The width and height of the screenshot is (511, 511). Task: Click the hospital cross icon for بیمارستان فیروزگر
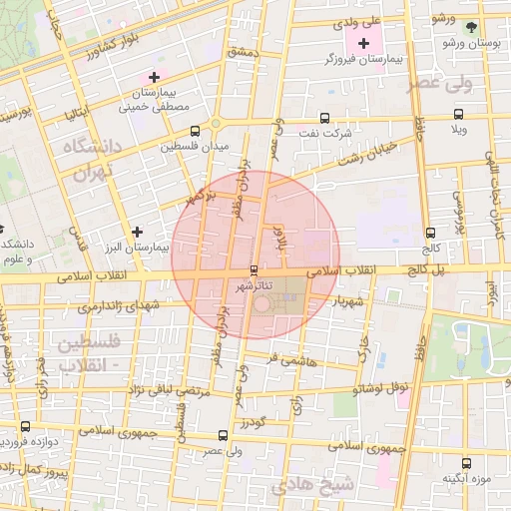point(363,43)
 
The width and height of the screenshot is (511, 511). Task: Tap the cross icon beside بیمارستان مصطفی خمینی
point(154,77)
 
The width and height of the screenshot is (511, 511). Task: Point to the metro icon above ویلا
point(458,114)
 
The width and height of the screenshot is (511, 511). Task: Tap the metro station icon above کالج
point(431,232)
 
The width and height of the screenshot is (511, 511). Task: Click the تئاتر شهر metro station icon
point(255,270)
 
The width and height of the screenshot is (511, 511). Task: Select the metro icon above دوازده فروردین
point(25,426)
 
